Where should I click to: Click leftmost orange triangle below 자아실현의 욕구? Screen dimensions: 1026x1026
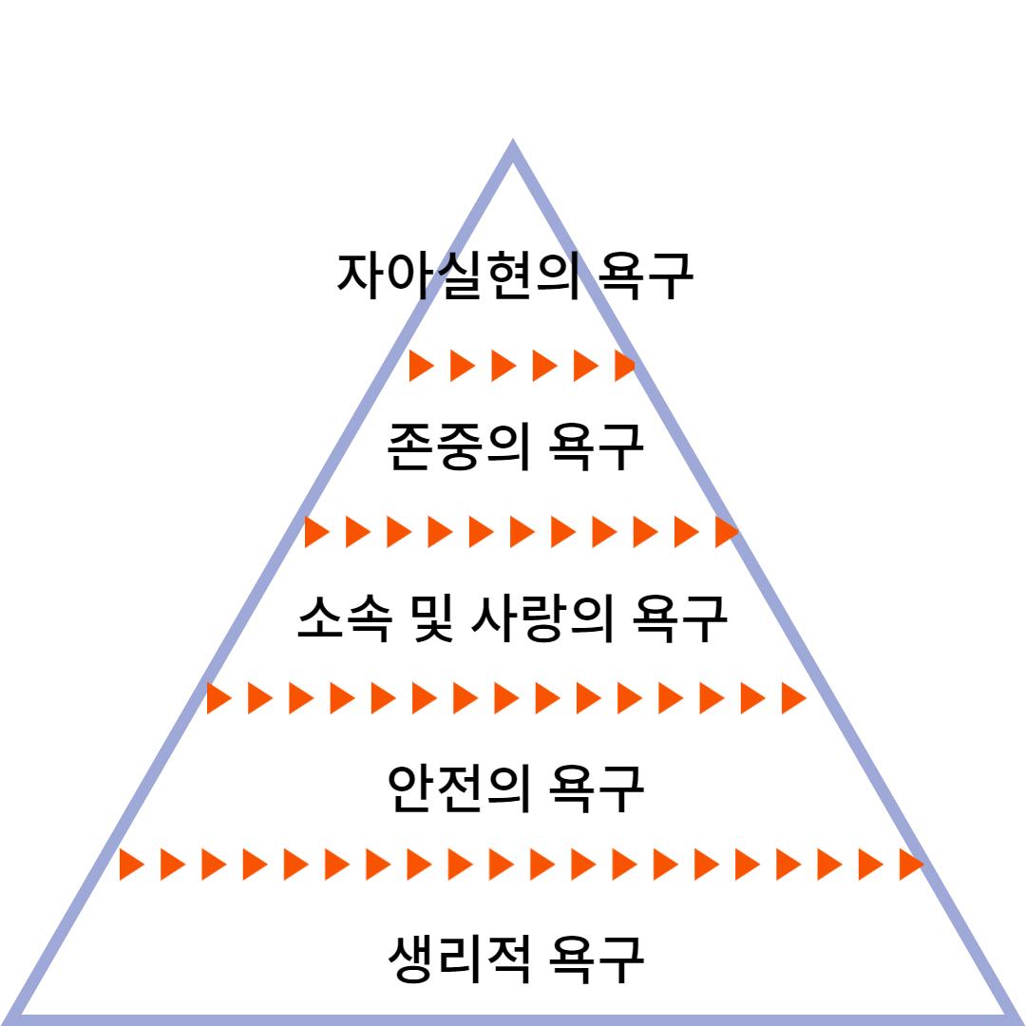tap(419, 366)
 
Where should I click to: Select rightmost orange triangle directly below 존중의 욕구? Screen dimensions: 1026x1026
tap(726, 532)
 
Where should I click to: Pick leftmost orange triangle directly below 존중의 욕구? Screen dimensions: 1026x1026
tap(315, 532)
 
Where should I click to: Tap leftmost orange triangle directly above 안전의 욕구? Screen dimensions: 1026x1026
tap(218, 698)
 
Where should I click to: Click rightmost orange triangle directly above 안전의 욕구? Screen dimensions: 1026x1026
tap(792, 698)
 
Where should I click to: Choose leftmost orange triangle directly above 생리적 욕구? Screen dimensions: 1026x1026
tap(130, 864)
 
